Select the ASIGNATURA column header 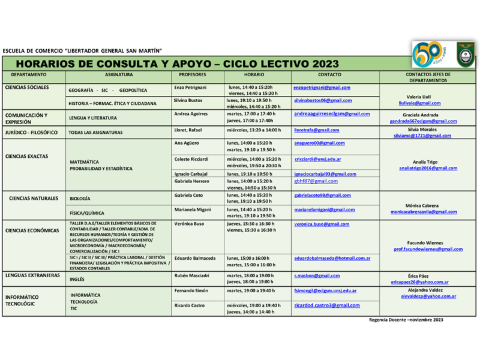(119, 75)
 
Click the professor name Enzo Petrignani (190, 88)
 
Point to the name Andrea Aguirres (191, 114)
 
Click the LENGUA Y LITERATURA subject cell (93, 118)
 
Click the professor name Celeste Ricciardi (191, 159)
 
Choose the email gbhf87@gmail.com (316, 181)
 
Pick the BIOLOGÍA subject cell (80, 199)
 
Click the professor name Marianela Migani (192, 210)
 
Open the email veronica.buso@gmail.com (322, 224)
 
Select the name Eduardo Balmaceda (194, 259)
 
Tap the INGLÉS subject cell (77, 279)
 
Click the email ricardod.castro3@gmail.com (327, 305)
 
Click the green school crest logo (464, 54)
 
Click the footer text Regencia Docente (388, 320)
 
